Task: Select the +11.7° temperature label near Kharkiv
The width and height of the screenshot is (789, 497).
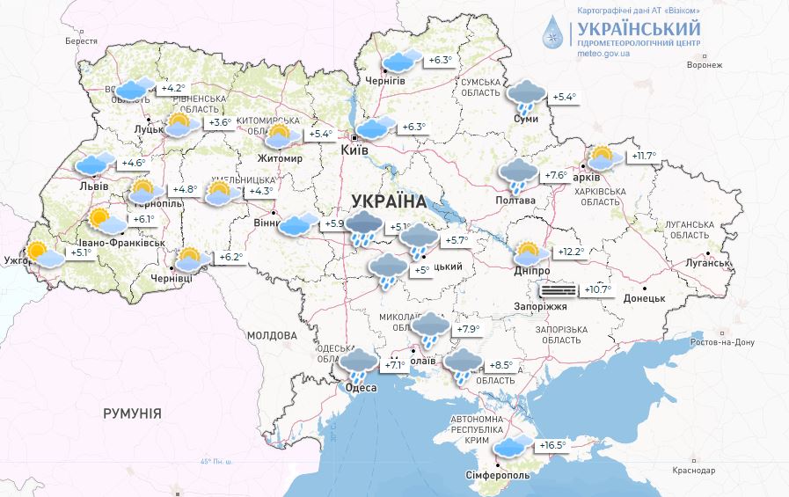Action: pyautogui.click(x=644, y=157)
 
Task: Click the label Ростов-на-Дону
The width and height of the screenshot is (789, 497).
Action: pyautogui.click(x=724, y=342)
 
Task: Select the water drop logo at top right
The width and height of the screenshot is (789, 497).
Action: pyautogui.click(x=552, y=33)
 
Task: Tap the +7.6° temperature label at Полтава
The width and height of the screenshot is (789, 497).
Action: pyautogui.click(x=556, y=175)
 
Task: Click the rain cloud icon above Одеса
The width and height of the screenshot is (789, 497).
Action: pyautogui.click(x=359, y=364)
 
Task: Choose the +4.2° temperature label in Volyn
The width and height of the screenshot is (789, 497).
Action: pyautogui.click(x=172, y=88)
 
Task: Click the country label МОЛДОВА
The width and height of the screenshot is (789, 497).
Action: pyautogui.click(x=272, y=336)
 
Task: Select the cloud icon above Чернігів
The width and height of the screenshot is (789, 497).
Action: pyautogui.click(x=400, y=61)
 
